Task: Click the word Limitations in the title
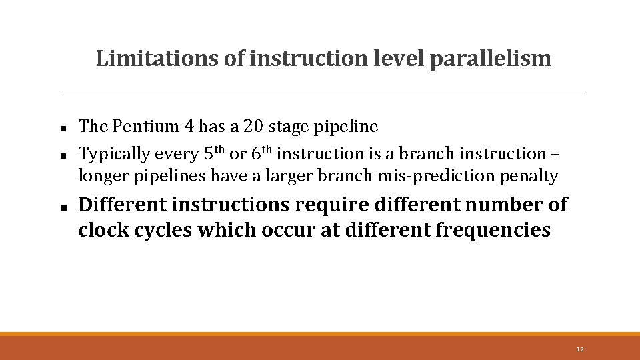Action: (157, 59)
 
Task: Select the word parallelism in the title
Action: (491, 59)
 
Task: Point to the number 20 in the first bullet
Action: (253, 126)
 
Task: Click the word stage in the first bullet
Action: (288, 127)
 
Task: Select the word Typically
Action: (115, 154)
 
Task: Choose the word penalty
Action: (533, 176)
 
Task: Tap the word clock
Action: (101, 230)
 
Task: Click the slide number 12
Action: (579, 349)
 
